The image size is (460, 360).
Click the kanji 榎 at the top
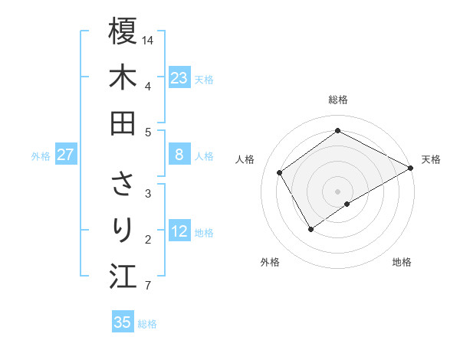click(x=123, y=31)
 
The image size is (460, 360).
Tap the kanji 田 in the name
click(x=123, y=123)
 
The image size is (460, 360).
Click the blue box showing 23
click(x=179, y=78)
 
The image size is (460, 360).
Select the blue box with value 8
click(x=179, y=155)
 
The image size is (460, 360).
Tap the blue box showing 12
click(x=179, y=231)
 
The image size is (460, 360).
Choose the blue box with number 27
click(x=66, y=155)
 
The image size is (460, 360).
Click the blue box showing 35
click(x=123, y=322)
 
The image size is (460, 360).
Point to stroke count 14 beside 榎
click(x=149, y=39)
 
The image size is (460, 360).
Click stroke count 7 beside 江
click(x=148, y=286)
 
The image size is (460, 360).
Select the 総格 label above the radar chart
click(x=338, y=100)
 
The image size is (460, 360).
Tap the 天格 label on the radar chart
click(x=431, y=159)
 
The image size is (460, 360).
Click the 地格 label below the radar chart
click(x=402, y=262)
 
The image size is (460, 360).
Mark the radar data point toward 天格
click(x=410, y=168)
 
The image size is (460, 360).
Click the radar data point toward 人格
click(x=280, y=172)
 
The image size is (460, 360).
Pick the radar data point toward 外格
click(x=310, y=228)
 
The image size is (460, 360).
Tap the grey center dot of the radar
click(x=338, y=191)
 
